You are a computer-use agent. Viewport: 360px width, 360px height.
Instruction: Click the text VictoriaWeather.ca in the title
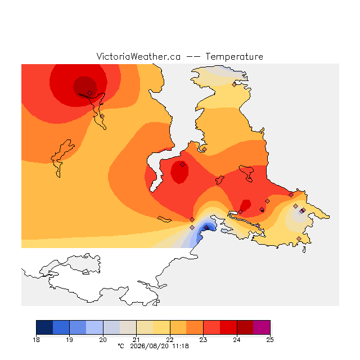pos(138,56)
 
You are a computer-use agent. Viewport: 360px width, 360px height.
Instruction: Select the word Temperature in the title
pos(234,56)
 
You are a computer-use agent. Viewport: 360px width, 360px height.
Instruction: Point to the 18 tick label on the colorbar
pos(36,340)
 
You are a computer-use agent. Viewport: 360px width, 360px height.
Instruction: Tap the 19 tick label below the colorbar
pos(69,340)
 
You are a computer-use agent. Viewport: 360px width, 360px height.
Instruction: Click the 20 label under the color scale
pos(103,340)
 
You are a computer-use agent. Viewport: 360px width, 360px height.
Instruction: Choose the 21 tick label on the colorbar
pos(136,340)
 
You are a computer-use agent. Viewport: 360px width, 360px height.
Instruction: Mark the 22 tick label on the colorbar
pos(170,340)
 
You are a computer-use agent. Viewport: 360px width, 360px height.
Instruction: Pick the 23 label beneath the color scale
pos(203,340)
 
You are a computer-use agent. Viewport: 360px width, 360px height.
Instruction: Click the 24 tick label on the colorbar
pos(237,340)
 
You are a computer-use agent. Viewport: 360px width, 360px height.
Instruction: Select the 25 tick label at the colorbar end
pos(270,340)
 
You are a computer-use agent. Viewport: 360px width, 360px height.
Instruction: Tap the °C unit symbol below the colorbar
pos(121,346)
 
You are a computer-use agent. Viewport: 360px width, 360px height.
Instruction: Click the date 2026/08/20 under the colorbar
pos(149,346)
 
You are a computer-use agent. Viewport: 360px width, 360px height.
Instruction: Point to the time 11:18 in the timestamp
pos(181,346)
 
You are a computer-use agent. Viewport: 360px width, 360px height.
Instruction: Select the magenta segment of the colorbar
pos(262,327)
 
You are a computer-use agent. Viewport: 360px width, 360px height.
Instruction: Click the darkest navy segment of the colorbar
pos(44,327)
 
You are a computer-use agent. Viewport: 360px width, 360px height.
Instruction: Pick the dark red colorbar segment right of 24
pos(245,327)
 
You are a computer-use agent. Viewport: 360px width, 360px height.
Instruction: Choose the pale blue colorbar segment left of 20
pos(94,327)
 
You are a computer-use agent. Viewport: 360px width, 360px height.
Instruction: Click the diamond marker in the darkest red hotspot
pos(90,93)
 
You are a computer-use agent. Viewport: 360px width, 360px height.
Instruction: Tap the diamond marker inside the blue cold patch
pos(206,227)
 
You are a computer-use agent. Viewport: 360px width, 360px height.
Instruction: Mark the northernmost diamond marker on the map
pos(234,85)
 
